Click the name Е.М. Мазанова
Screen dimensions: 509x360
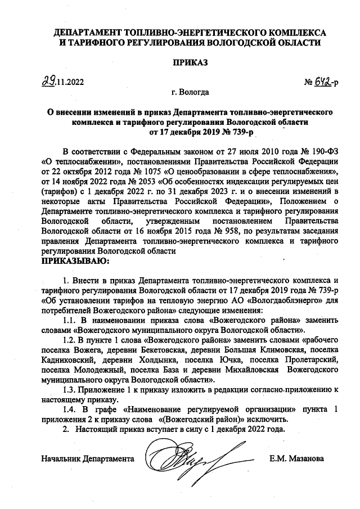pos(296,458)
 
